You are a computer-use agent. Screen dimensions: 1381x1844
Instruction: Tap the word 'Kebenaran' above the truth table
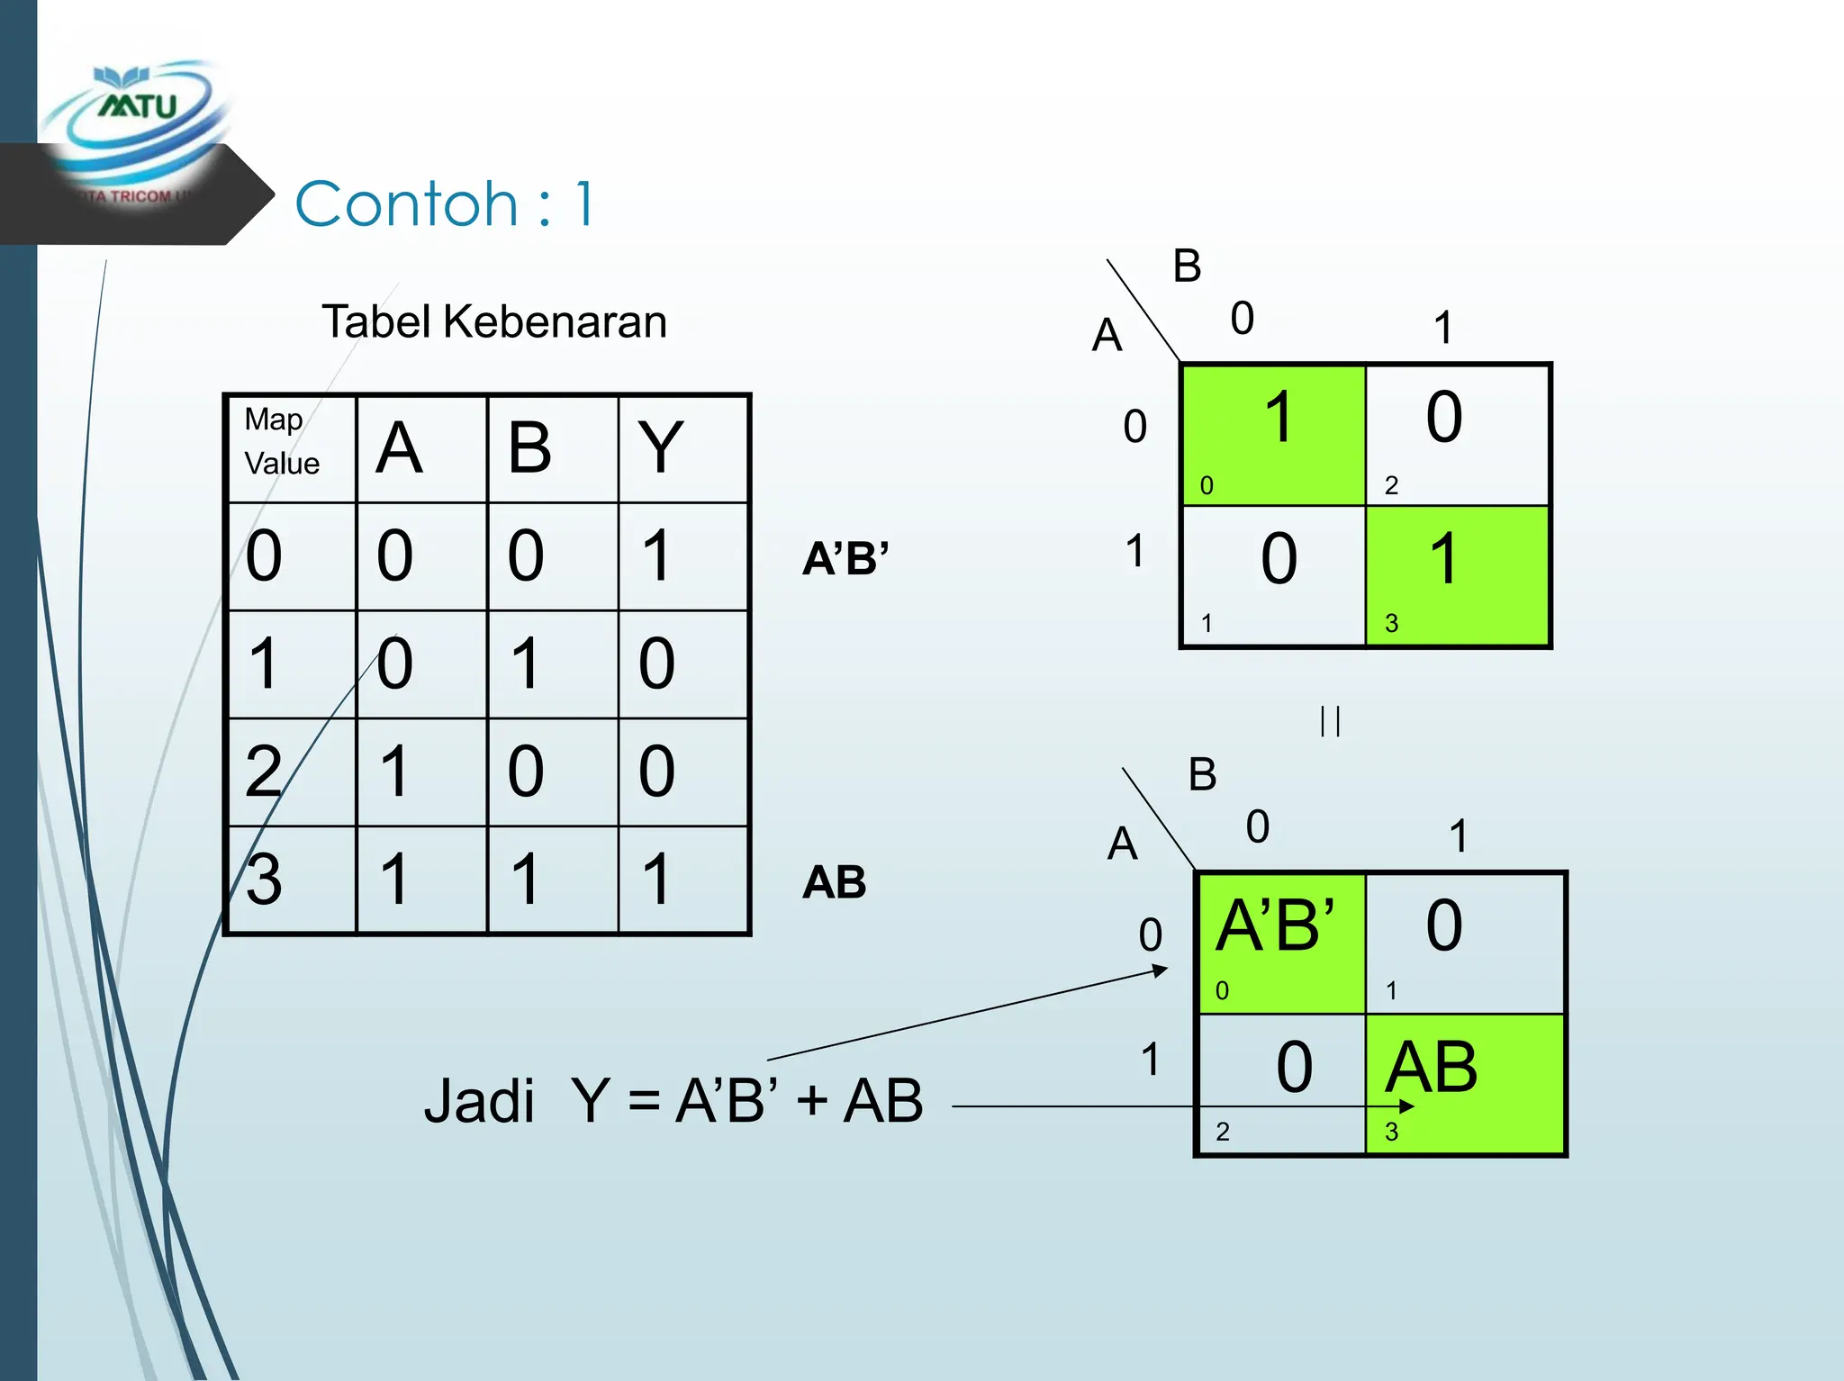555,321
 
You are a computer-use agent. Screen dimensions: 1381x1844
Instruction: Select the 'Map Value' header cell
290,447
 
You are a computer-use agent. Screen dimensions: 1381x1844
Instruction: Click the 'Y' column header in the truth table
660,447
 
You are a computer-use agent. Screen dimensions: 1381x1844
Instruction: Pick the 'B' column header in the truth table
529,447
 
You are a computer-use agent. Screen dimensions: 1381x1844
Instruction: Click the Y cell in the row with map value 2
657,772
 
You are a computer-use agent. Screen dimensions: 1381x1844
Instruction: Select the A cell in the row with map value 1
395,663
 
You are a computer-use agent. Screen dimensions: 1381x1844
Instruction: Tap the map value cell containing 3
265,880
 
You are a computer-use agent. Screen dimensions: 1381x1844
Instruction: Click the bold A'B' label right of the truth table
845,559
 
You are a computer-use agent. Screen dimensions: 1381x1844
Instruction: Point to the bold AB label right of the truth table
835,882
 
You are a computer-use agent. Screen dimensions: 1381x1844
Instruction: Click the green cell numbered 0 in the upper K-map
1273,434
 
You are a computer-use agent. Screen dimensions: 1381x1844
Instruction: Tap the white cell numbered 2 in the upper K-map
1457,434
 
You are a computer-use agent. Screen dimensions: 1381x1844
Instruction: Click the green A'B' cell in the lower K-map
1280,942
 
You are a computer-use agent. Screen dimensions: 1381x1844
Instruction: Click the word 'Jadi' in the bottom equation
479,1101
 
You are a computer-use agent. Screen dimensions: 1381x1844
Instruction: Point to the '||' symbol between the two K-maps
1330,721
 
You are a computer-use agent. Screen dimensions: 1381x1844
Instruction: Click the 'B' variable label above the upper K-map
1188,266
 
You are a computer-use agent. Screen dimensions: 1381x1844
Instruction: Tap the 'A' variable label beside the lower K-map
1122,844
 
